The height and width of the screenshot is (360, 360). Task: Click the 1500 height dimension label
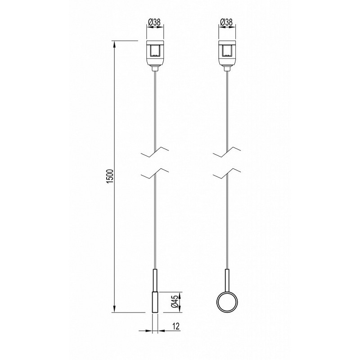click(110, 176)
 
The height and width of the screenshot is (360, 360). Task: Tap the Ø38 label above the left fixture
click(154, 22)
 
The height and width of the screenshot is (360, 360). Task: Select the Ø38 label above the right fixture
click(226, 22)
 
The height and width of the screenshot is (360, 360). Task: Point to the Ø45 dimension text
click(175, 301)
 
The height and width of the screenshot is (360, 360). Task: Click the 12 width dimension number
click(175, 326)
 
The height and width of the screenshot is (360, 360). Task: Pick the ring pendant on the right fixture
click(227, 302)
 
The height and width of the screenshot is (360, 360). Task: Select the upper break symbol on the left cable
click(155, 152)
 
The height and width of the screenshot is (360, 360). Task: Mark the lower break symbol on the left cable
click(155, 173)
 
